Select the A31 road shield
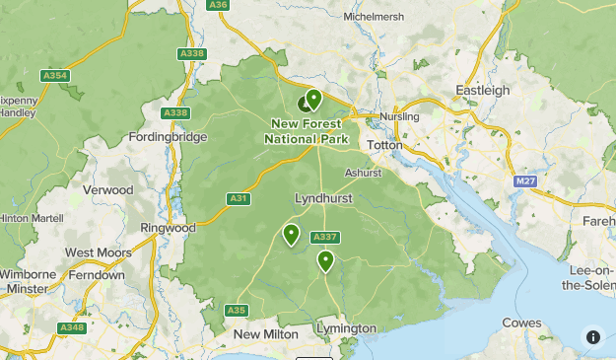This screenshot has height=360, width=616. pyautogui.click(x=239, y=198)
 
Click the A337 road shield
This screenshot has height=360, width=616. pyautogui.click(x=324, y=237)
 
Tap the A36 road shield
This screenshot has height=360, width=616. pyautogui.click(x=218, y=5)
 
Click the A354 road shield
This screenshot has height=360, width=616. pyautogui.click(x=55, y=75)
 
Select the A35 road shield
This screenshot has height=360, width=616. pyautogui.click(x=236, y=310)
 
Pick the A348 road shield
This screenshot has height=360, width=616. pyautogui.click(x=71, y=327)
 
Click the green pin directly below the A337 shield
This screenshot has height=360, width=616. pyautogui.click(x=325, y=260)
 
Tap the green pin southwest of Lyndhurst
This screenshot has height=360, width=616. pyautogui.click(x=291, y=234)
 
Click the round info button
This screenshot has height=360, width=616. pyautogui.click(x=592, y=336)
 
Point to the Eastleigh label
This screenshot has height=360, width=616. pyautogui.click(x=483, y=90)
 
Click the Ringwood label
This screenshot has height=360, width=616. pyautogui.click(x=169, y=227)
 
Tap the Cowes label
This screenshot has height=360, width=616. pyautogui.click(x=521, y=323)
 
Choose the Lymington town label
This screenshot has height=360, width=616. pyautogui.click(x=346, y=327)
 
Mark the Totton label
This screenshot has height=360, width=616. pyautogui.click(x=384, y=144)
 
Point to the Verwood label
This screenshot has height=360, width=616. pyautogui.click(x=108, y=189)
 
